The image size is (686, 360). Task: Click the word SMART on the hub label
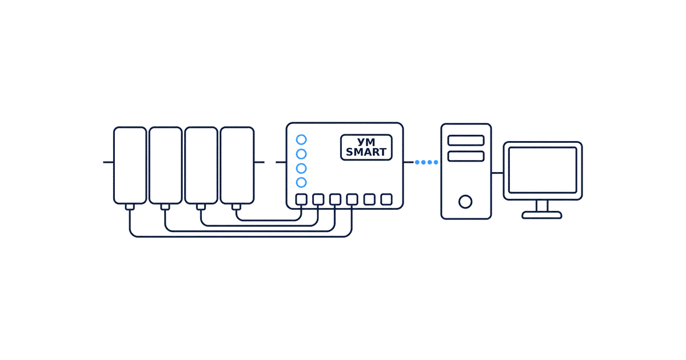[366, 152]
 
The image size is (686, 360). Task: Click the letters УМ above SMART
[366, 142]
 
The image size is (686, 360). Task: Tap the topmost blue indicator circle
[301, 139]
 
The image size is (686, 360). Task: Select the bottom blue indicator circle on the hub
[301, 182]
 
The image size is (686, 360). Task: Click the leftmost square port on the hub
[301, 199]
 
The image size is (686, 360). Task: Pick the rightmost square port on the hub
[386, 199]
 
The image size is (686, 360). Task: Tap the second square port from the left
[318, 199]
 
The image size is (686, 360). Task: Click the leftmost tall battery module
[130, 165]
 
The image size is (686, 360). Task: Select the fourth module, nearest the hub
[237, 165]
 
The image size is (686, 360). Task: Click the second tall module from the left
[165, 165]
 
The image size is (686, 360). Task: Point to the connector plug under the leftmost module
[130, 207]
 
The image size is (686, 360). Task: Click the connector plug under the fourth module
[236, 207]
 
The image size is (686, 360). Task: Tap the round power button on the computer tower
[465, 202]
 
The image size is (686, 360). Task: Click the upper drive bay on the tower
[466, 141]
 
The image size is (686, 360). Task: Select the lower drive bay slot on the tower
[466, 156]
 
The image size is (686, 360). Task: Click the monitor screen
[543, 170]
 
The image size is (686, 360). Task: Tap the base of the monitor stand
[542, 215]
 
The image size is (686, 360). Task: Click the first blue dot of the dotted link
[417, 162]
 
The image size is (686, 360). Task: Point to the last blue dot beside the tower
[436, 162]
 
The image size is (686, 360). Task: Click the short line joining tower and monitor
[497, 173]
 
